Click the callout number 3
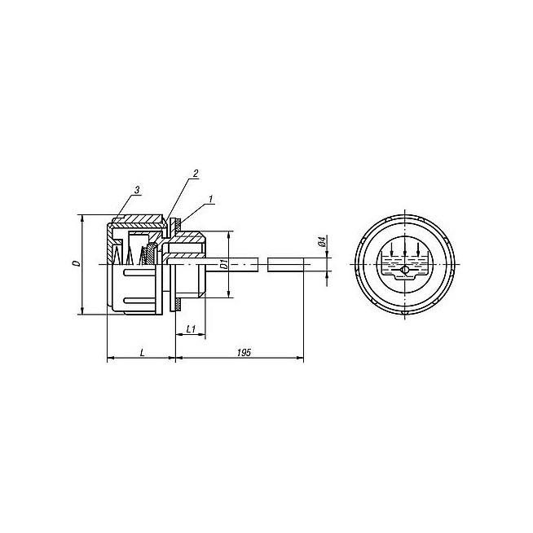pyautogui.click(x=137, y=191)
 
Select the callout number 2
pyautogui.click(x=196, y=174)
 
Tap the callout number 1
pyautogui.click(x=211, y=199)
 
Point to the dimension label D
pyautogui.click(x=77, y=263)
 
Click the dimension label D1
pyautogui.click(x=223, y=264)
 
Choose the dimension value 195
pyautogui.click(x=244, y=353)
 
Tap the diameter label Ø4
pyautogui.click(x=322, y=241)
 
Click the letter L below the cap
pyautogui.click(x=143, y=353)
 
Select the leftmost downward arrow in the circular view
pyautogui.click(x=391, y=249)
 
